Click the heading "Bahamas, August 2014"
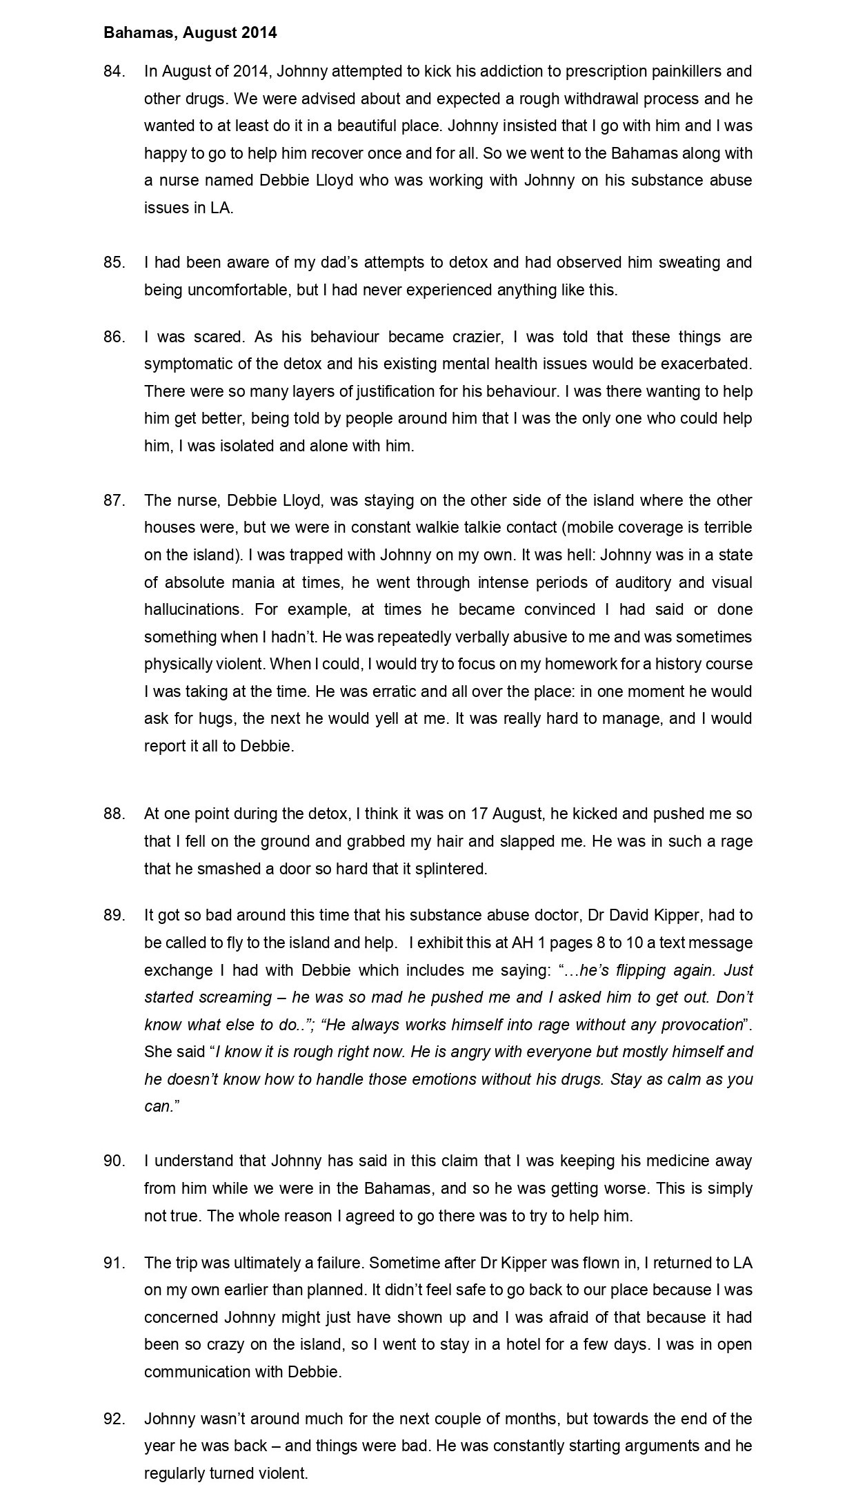click(190, 32)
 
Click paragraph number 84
click(114, 71)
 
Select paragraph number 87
click(114, 500)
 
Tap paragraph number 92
click(114, 1419)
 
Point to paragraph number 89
click(114, 916)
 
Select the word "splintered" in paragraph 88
click(451, 869)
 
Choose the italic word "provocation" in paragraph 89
click(701, 1025)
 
